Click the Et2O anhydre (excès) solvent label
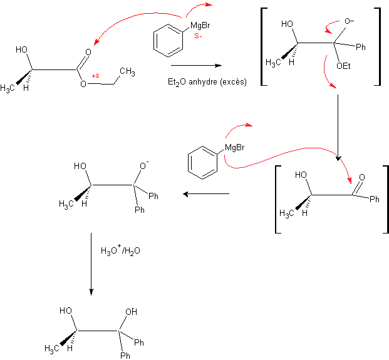coord(207,81)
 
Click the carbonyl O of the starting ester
coord(88,53)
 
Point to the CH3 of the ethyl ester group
coord(127,72)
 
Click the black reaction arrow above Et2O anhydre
coord(196,64)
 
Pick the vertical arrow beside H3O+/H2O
coord(91,263)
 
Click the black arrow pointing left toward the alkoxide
coord(207,195)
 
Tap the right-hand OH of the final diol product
coord(131,312)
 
